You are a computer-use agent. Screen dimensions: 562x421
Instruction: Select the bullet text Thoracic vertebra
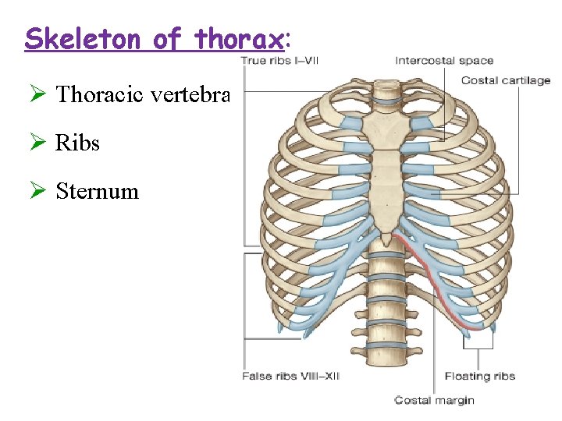[143, 95]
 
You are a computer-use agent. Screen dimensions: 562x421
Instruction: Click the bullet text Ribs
[77, 143]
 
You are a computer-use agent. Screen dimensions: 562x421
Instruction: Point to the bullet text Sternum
[97, 191]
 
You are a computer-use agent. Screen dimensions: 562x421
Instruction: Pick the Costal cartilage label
[505, 80]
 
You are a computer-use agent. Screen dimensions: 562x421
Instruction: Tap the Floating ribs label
[479, 376]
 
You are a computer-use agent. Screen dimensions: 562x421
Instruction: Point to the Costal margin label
[434, 400]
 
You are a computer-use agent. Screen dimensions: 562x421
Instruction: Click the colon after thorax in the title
[287, 39]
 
